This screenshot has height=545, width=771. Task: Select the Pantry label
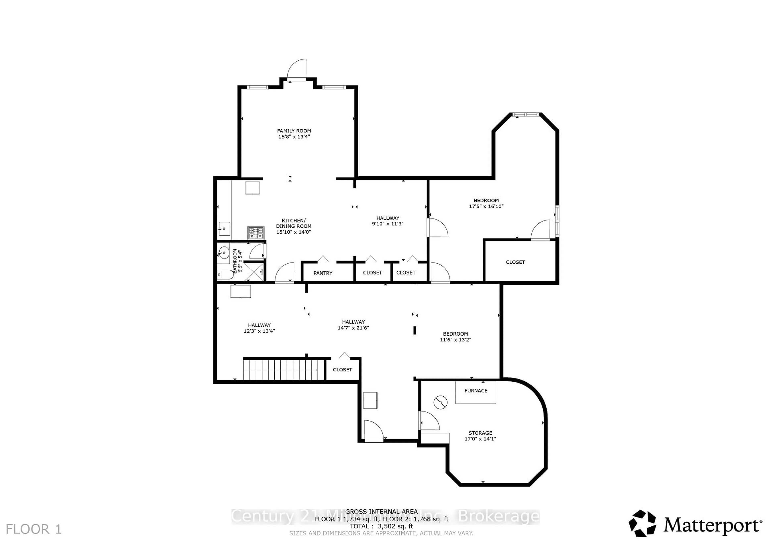coord(323,273)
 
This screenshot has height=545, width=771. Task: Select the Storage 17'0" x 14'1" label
coord(480,436)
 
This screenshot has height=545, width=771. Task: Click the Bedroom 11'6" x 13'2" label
coord(455,336)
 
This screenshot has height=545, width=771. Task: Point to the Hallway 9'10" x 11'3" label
coord(388,221)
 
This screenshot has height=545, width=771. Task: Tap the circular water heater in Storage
coord(440,402)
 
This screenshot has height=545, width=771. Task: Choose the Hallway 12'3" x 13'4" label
coord(259,328)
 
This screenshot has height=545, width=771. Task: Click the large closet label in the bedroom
coord(515,262)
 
